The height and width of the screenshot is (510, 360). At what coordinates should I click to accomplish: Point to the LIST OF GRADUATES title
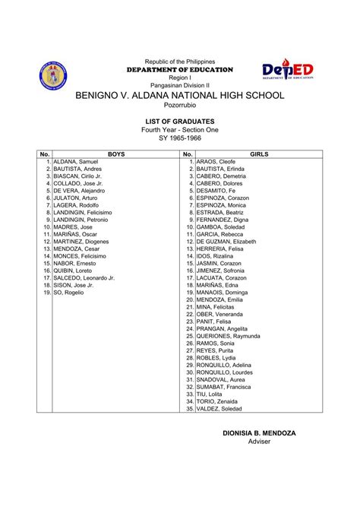point(180,121)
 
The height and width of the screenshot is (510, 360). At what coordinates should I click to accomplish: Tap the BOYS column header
point(116,154)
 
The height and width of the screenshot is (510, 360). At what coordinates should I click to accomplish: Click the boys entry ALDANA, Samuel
point(77,162)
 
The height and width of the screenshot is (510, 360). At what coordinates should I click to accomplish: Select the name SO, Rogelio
point(69,293)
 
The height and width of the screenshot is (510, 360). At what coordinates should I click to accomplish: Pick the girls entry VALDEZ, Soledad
point(220,408)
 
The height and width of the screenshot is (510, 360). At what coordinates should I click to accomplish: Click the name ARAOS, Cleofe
point(216,162)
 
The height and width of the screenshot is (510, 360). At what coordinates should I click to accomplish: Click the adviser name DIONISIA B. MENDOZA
point(259,432)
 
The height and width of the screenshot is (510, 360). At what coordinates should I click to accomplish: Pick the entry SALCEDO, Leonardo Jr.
point(84,278)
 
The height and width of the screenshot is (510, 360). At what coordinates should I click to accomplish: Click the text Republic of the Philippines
point(180,61)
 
